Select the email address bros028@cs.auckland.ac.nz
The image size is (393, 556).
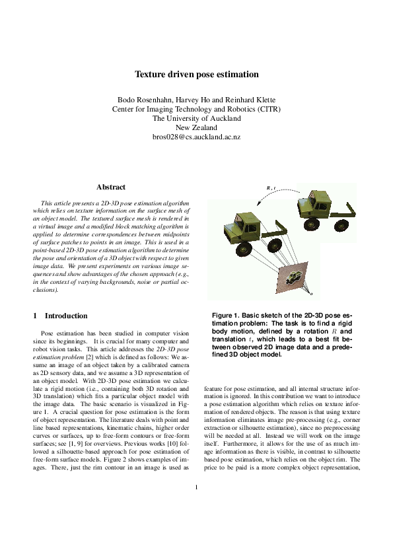196,137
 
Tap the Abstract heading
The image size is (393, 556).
110,188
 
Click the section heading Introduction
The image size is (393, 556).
65,316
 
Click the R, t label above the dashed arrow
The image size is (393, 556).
271,188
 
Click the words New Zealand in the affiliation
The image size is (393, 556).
196,127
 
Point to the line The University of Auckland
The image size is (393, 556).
196,118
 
